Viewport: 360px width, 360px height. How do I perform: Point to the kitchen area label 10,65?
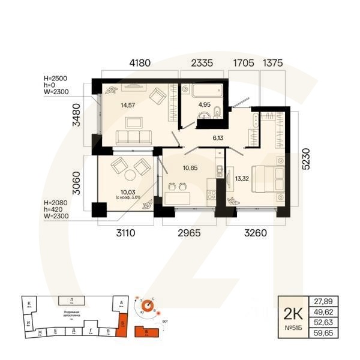tap(190, 166)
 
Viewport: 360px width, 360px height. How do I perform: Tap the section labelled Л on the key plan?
tap(72, 298)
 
